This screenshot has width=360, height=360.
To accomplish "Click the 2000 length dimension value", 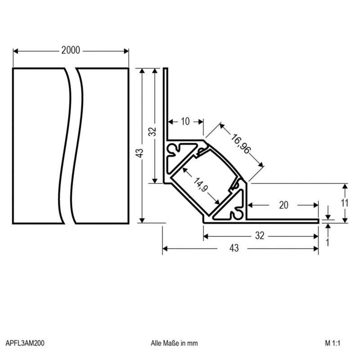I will (71, 51).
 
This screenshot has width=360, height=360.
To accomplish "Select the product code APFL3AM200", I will (25, 343).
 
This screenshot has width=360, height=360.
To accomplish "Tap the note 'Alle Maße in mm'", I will (174, 343).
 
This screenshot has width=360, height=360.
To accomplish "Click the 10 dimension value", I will (185, 121).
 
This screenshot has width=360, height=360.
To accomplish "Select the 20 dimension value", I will (283, 205).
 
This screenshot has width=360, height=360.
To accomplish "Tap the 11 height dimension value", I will (344, 202).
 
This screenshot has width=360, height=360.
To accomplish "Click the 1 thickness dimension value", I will (327, 242).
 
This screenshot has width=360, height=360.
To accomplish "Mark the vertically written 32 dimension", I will (153, 131).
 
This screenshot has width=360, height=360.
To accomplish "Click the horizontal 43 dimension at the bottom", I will (234, 248).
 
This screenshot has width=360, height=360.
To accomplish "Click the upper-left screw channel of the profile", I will (175, 148).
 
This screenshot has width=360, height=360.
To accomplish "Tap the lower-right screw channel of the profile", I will (235, 212).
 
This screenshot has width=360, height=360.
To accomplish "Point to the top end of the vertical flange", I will (166, 70).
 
